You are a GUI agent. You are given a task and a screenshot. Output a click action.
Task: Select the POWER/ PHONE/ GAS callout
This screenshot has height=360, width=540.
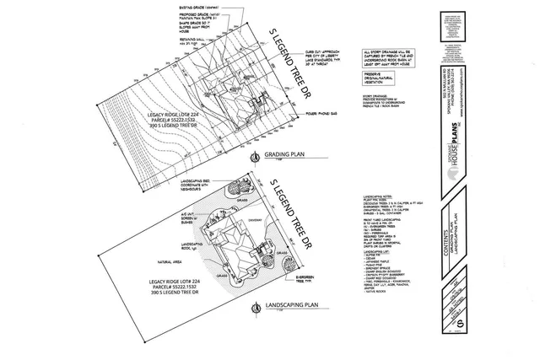click(325, 111)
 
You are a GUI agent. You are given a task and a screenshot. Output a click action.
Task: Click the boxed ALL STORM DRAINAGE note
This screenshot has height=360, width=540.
click(389, 58)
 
